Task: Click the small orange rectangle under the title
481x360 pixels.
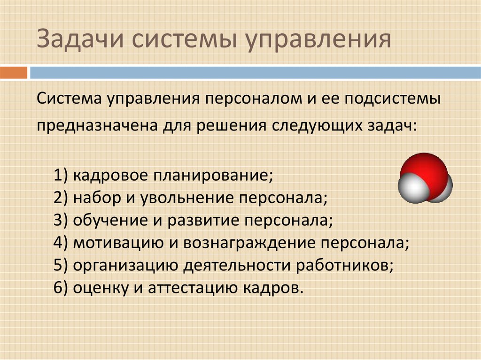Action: pyautogui.click(x=14, y=73)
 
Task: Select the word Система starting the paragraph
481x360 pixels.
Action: pyautogui.click(x=69, y=99)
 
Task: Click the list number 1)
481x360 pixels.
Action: pyautogui.click(x=61, y=176)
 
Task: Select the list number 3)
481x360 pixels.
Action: pyautogui.click(x=61, y=220)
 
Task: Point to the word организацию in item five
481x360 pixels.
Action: pyautogui.click(x=125, y=266)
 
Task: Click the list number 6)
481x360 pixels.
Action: pyautogui.click(x=61, y=288)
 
